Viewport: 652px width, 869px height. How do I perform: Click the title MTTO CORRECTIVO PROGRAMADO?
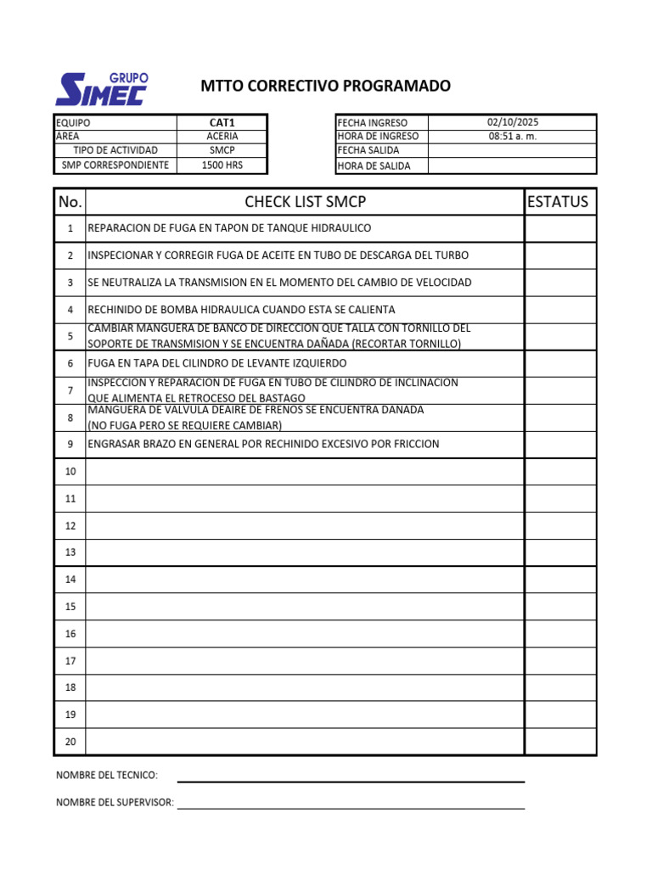325,86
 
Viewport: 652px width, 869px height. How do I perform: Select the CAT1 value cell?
222,122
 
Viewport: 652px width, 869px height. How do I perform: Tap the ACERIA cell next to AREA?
222,136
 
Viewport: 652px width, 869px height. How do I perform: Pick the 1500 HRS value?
222,165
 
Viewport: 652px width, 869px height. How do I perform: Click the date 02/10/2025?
512,122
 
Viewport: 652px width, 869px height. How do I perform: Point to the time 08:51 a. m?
512,136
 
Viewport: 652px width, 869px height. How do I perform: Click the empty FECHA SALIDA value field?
512,150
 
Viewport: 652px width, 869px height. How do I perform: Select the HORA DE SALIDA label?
374,166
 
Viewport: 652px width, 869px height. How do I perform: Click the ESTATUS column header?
558,202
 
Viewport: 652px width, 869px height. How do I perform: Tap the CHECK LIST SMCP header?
305,202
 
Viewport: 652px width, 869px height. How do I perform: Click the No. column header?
70,202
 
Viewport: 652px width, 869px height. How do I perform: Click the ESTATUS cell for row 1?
559,228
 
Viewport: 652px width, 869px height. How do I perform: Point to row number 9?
70,444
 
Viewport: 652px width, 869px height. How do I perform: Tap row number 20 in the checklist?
70,742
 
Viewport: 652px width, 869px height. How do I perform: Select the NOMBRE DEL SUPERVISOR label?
115,803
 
